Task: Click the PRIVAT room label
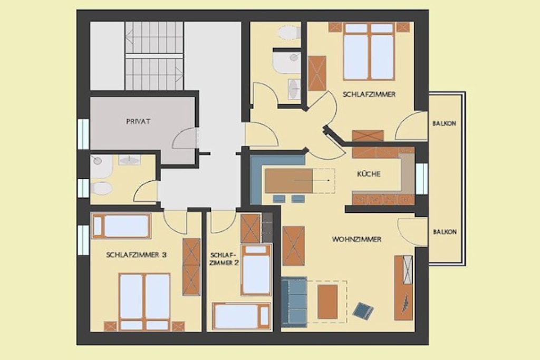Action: tap(138, 121)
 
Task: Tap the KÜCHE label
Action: tap(369, 174)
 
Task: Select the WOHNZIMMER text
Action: tap(356, 239)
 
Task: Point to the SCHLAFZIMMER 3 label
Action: tap(137, 255)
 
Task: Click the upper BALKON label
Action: tap(444, 123)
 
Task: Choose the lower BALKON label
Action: tap(445, 232)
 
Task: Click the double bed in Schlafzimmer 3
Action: tap(144, 302)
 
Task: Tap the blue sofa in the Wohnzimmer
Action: tap(294, 302)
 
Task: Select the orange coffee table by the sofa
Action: tap(327, 301)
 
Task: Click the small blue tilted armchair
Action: tap(363, 311)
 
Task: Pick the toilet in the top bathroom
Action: tap(288, 33)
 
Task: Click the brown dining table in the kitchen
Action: tap(288, 181)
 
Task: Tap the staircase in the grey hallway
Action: tap(154, 56)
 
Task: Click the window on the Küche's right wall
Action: tap(421, 179)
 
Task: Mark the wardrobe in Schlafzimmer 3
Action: tap(191, 267)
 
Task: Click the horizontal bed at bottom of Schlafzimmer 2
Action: tap(241, 316)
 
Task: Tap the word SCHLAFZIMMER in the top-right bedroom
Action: tap(369, 94)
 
